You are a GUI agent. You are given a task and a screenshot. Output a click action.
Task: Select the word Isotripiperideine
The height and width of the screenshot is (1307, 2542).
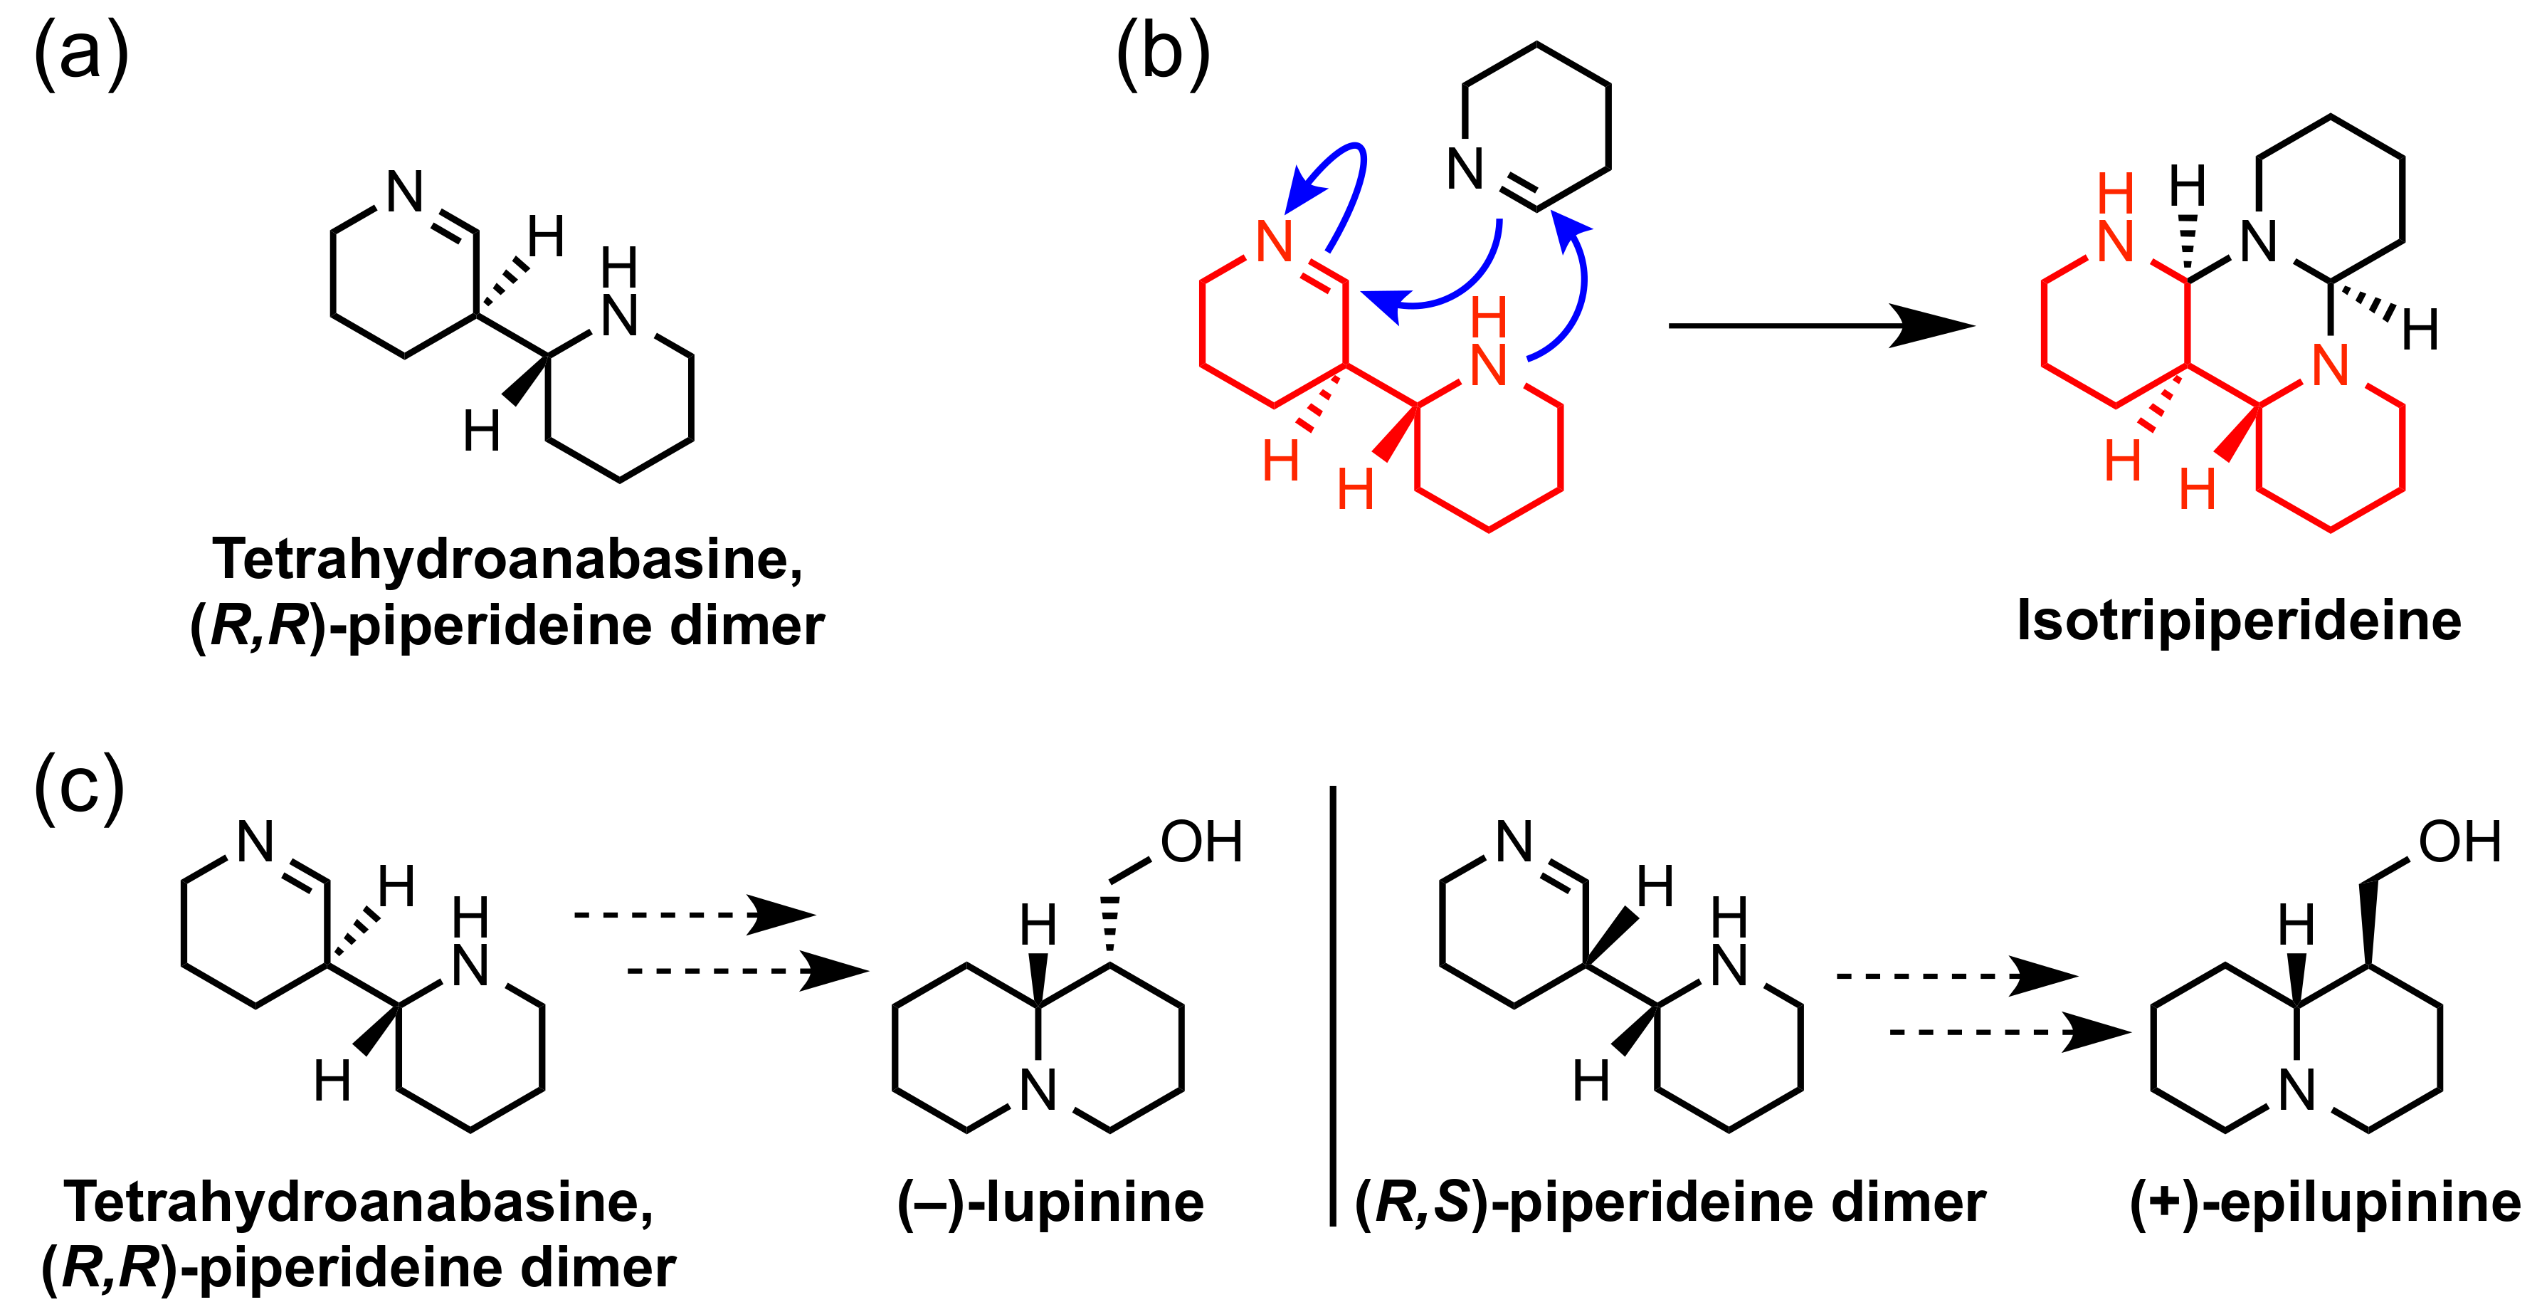point(2238,620)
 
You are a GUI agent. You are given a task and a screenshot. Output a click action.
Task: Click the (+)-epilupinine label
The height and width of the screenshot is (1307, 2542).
point(2325,1202)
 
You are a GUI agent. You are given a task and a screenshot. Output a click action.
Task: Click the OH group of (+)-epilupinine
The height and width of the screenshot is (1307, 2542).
point(2459,842)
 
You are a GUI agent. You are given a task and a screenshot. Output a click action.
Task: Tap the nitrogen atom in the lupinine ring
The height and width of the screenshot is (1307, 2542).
point(1038,1091)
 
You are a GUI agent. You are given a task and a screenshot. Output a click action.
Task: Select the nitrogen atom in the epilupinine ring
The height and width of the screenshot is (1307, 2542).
point(2297,1091)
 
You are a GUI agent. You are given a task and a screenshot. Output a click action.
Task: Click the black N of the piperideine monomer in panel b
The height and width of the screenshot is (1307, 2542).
point(1465,169)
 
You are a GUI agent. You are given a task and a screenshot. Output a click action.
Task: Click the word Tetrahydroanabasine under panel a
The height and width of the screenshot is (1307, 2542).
point(507,559)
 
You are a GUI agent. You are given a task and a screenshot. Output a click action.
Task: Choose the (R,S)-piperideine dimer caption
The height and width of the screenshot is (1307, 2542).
point(1670,1202)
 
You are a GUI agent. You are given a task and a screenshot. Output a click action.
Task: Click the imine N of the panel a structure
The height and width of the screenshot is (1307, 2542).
point(405,191)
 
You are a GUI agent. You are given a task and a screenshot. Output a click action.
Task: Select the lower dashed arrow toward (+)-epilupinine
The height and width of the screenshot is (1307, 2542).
point(2009,1032)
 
